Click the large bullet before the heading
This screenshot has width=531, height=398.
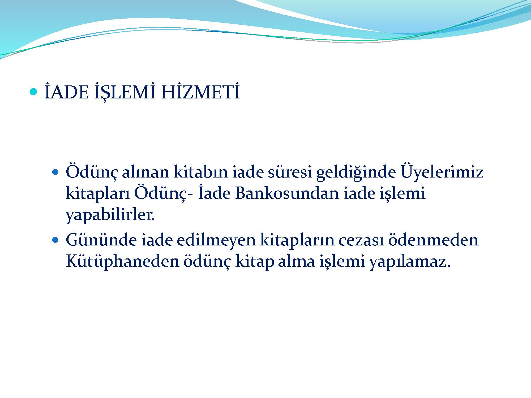pos(33,92)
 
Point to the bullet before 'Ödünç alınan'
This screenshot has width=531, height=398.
pos(55,172)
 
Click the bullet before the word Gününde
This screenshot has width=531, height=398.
pos(55,240)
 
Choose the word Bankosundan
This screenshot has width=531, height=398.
pos(287,193)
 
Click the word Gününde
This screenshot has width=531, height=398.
pos(101,240)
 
